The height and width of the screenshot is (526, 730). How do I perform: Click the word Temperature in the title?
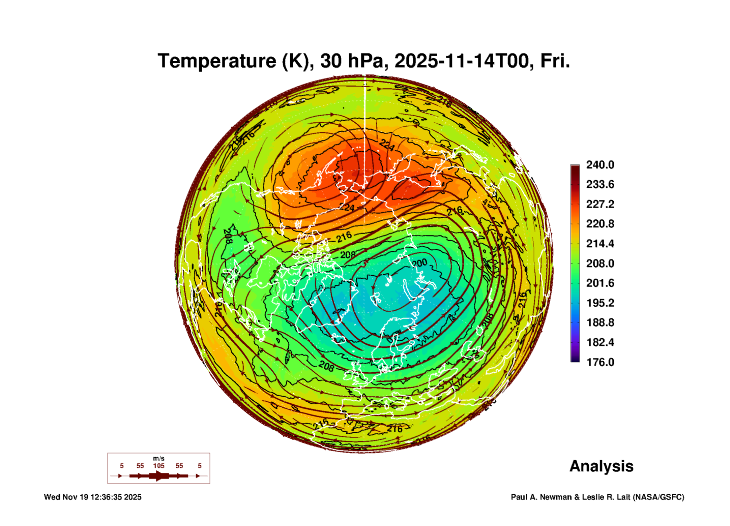point(217,61)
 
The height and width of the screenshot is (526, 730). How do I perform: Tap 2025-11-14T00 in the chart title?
point(461,61)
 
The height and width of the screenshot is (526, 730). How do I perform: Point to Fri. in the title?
point(555,61)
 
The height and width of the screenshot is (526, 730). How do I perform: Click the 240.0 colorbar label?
point(600,165)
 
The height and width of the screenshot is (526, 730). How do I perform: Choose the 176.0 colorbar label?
point(600,362)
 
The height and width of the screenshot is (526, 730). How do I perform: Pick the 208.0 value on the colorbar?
point(600,263)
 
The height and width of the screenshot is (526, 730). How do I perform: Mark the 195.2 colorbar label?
point(600,303)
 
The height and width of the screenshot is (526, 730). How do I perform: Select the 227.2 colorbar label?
point(600,204)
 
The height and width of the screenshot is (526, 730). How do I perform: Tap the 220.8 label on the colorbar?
point(600,224)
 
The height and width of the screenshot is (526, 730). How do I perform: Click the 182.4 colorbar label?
point(600,342)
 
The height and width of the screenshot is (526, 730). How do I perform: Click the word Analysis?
point(601,466)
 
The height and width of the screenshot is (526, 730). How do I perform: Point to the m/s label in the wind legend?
point(158,459)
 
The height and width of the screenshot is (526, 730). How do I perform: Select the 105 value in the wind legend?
point(158,466)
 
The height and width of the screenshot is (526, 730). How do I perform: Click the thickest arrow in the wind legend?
point(159,476)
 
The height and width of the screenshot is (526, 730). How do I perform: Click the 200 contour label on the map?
point(420,262)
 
